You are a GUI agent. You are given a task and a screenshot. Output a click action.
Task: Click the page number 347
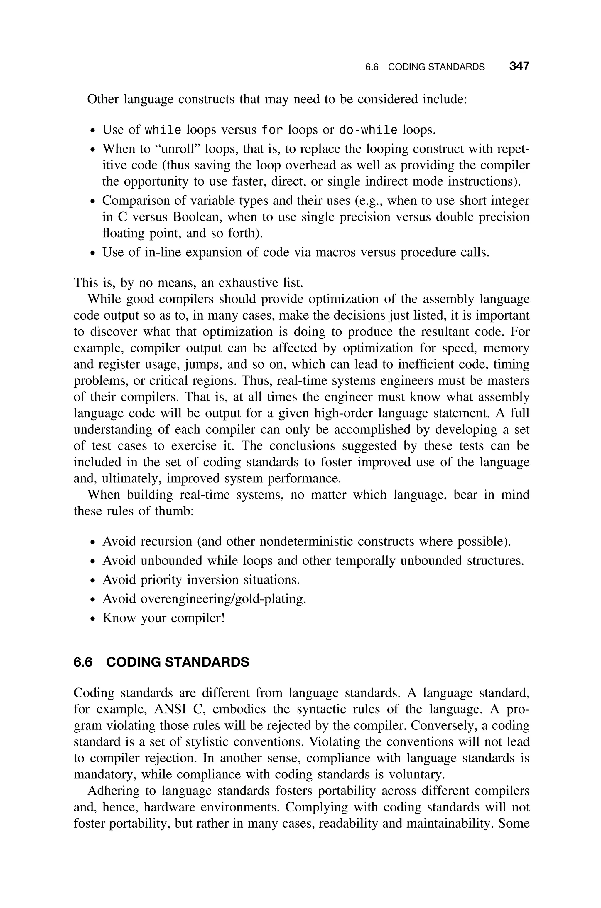519,66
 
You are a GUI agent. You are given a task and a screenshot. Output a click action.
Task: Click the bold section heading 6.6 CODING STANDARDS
161,662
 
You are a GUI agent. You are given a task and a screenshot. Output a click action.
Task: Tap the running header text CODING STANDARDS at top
436,67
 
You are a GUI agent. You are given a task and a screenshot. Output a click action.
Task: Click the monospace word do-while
368,130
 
